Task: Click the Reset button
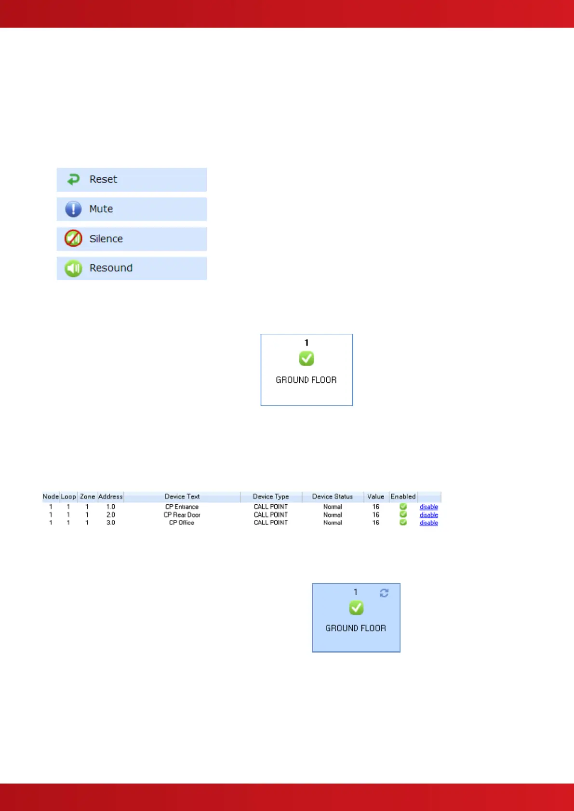(x=131, y=180)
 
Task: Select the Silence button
(x=131, y=239)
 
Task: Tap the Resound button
(x=131, y=268)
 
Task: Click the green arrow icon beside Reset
(x=73, y=180)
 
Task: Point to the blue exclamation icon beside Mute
(x=73, y=209)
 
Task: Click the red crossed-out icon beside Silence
(x=73, y=238)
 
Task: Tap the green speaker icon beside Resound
(x=73, y=268)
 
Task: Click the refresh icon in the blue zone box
(x=384, y=593)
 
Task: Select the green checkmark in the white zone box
(x=307, y=358)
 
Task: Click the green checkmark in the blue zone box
(x=356, y=608)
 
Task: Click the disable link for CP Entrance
(x=429, y=507)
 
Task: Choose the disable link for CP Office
(x=429, y=523)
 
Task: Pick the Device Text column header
(x=182, y=497)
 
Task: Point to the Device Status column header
(x=333, y=497)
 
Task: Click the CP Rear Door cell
(x=182, y=515)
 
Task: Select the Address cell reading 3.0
(x=111, y=523)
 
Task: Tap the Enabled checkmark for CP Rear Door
(x=403, y=514)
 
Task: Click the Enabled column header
(x=403, y=497)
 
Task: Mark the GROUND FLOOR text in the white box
(x=306, y=380)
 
